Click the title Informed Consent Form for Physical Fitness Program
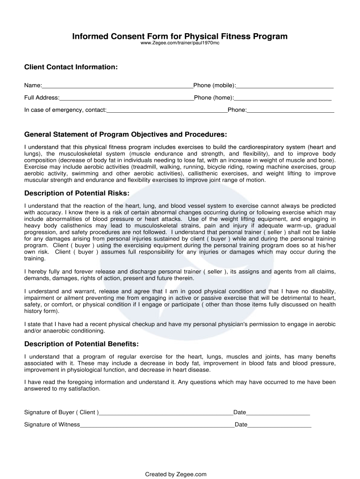(180, 36)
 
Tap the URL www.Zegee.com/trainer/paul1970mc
(180, 44)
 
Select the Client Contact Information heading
(71, 67)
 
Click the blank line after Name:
(117, 86)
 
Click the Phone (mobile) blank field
(285, 86)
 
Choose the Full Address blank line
(126, 98)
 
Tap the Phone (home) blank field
(283, 98)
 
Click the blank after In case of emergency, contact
(167, 110)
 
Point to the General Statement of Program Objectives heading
(125, 135)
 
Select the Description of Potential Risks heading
(77, 193)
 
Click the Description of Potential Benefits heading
(81, 344)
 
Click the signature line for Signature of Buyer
(166, 413)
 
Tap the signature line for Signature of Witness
(157, 425)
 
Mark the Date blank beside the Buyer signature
(278, 413)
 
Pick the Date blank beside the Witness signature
(280, 425)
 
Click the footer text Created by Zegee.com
(176, 474)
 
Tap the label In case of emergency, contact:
(65, 110)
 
